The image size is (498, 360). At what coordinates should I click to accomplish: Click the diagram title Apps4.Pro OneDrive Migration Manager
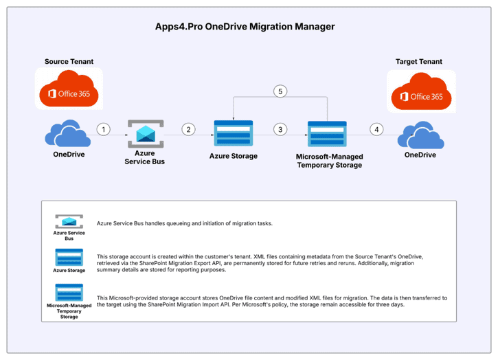click(x=245, y=27)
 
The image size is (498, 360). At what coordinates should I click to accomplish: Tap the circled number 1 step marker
click(x=103, y=129)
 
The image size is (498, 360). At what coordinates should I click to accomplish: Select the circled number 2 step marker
click(x=188, y=129)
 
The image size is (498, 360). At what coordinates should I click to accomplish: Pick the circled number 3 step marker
click(x=280, y=129)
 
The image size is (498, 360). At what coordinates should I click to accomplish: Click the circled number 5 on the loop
click(x=280, y=91)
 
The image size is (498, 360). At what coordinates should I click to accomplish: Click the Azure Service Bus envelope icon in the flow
click(x=146, y=133)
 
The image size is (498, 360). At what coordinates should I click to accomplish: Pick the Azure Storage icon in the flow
click(x=234, y=133)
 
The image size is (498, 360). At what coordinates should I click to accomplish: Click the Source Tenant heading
click(x=69, y=62)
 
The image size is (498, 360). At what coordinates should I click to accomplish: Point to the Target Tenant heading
click(x=420, y=62)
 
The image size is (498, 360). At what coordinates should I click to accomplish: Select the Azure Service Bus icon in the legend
click(x=69, y=221)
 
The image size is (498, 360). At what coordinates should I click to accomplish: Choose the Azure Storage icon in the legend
click(x=69, y=257)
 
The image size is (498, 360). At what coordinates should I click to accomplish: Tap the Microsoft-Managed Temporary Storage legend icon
click(x=69, y=291)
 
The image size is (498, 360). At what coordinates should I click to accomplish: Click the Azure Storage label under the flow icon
click(x=234, y=157)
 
